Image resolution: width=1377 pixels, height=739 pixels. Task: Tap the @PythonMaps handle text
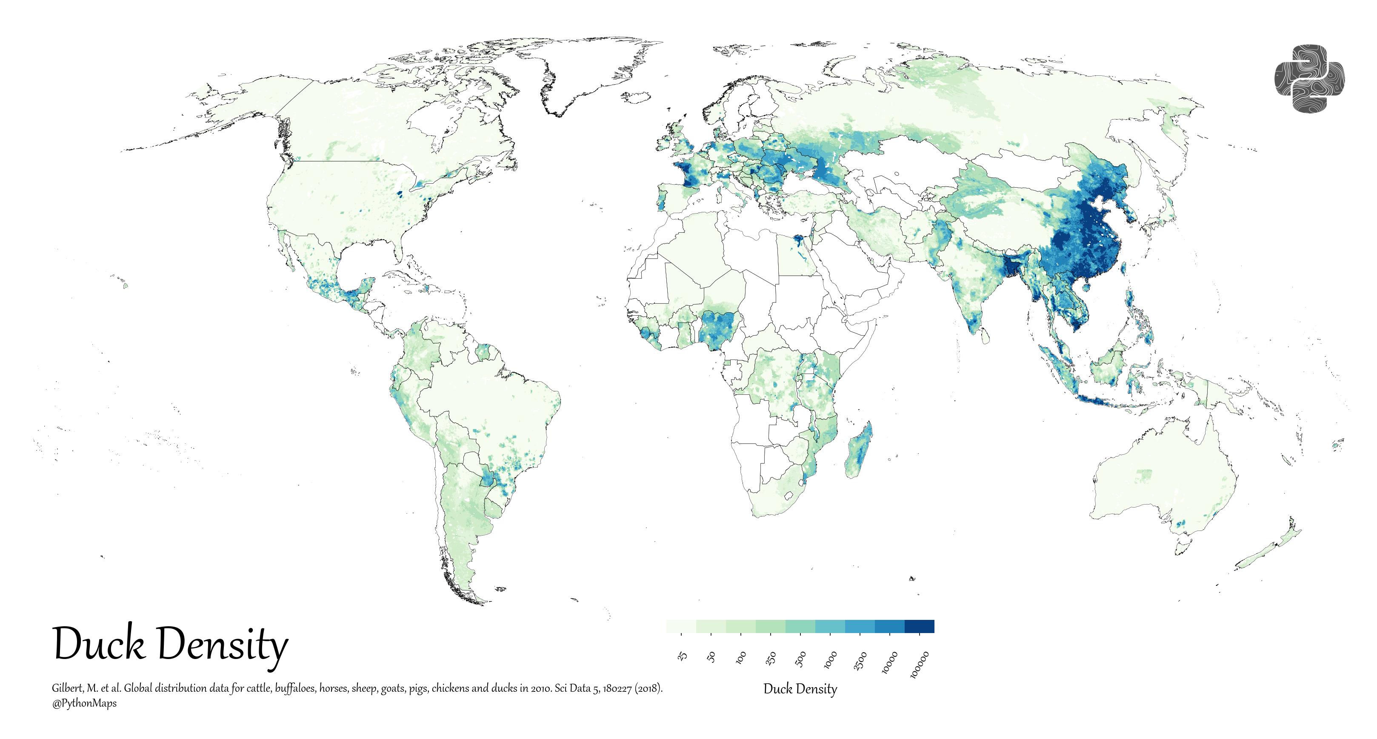84,703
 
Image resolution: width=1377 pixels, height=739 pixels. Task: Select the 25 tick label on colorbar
682,656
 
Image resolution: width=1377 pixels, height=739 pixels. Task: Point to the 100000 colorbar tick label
920,665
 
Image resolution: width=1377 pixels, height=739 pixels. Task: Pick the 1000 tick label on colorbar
830,660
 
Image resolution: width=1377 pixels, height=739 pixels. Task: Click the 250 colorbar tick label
770,658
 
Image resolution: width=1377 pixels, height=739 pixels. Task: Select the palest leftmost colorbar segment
681,626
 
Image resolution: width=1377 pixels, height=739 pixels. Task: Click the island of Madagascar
858,451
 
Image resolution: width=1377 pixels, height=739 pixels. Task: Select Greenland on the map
588,69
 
